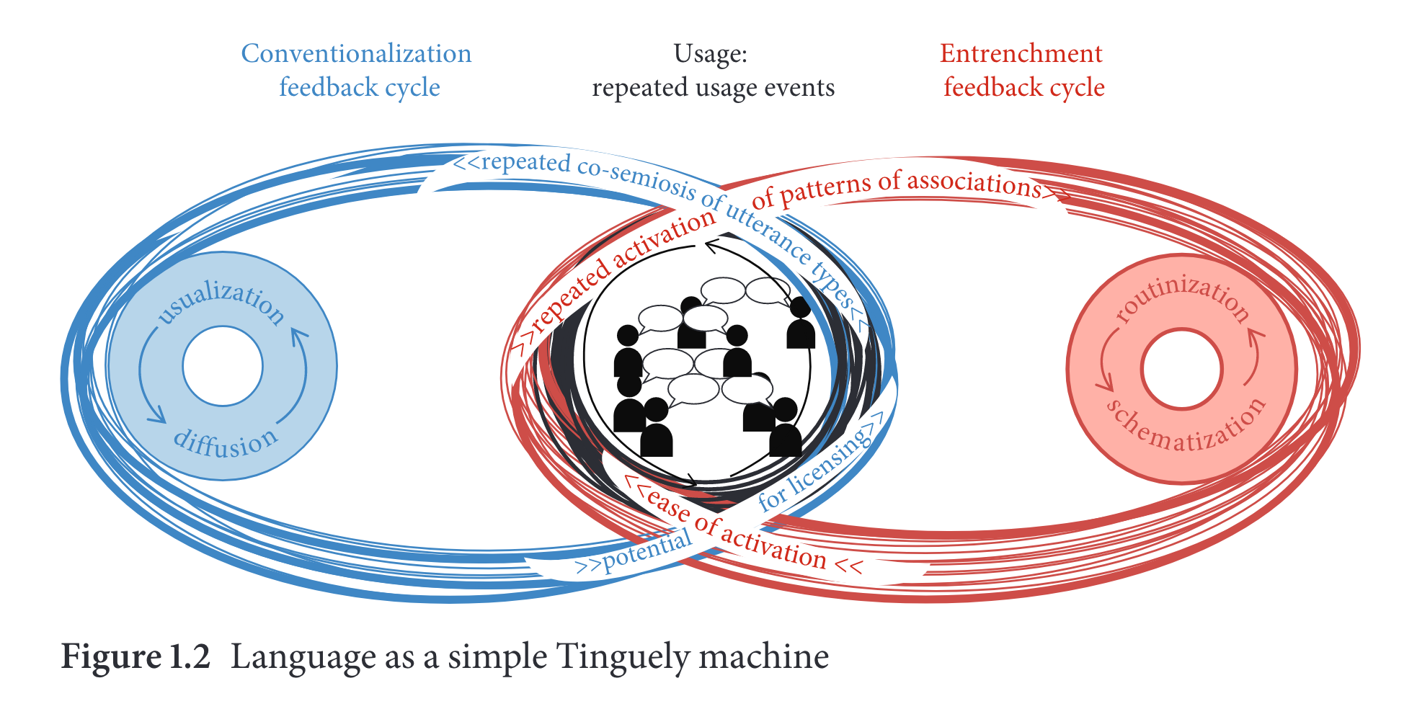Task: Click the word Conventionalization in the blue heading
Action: [356, 54]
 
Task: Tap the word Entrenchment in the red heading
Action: [1021, 54]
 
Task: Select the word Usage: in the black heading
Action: [710, 54]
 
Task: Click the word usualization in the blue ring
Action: [221, 303]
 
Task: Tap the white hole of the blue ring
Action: [223, 366]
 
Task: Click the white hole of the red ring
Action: [1182, 369]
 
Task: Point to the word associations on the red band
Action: [973, 182]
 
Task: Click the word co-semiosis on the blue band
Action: [637, 177]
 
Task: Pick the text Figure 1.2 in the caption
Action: [136, 657]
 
